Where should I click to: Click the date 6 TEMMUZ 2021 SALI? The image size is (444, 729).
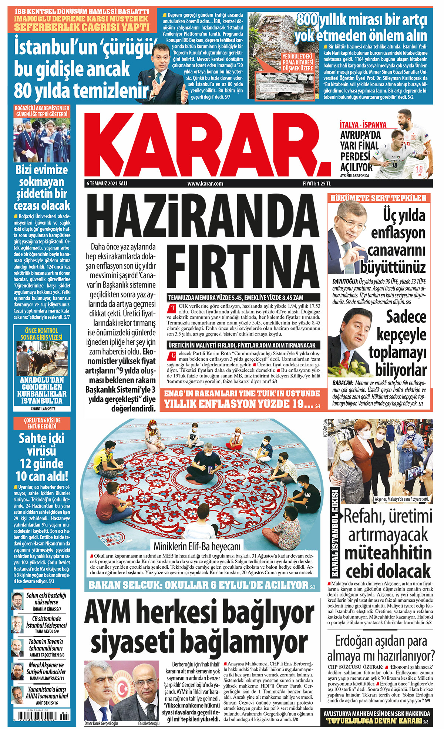tap(107, 184)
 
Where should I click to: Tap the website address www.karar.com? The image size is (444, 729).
tap(205, 184)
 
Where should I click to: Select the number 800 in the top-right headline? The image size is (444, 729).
tap(307, 20)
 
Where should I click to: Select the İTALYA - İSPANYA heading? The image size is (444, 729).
tap(363, 125)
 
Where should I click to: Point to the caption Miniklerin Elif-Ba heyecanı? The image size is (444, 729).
tap(197, 546)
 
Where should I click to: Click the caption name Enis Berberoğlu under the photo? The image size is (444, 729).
tap(149, 723)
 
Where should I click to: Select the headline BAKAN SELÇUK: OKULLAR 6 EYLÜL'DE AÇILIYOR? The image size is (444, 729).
tap(198, 585)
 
